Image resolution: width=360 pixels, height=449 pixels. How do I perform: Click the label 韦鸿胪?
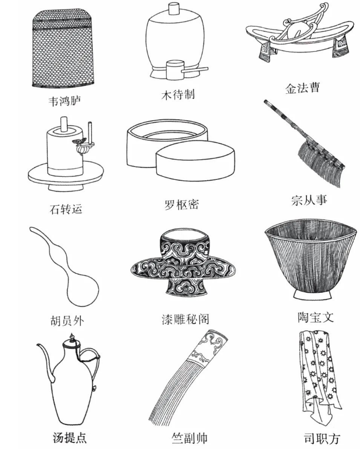point(65,101)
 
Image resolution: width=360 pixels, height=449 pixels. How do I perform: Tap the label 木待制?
point(178,94)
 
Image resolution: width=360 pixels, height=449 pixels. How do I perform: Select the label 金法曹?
point(302,88)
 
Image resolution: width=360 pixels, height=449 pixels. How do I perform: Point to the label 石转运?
point(66,209)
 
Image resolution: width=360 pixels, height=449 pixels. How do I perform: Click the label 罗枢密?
point(182,205)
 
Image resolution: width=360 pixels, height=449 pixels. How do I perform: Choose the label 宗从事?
point(309,200)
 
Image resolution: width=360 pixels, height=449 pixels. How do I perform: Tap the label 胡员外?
point(67,321)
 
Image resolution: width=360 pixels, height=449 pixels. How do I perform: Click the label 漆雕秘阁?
point(185,319)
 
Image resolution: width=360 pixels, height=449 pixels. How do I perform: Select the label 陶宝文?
point(315,317)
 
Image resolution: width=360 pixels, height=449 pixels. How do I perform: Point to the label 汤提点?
point(70,438)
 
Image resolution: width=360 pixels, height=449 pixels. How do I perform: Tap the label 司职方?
point(322,438)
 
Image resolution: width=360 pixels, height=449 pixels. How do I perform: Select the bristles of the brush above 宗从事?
point(320,164)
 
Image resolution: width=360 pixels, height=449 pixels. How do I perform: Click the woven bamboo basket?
point(64,48)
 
